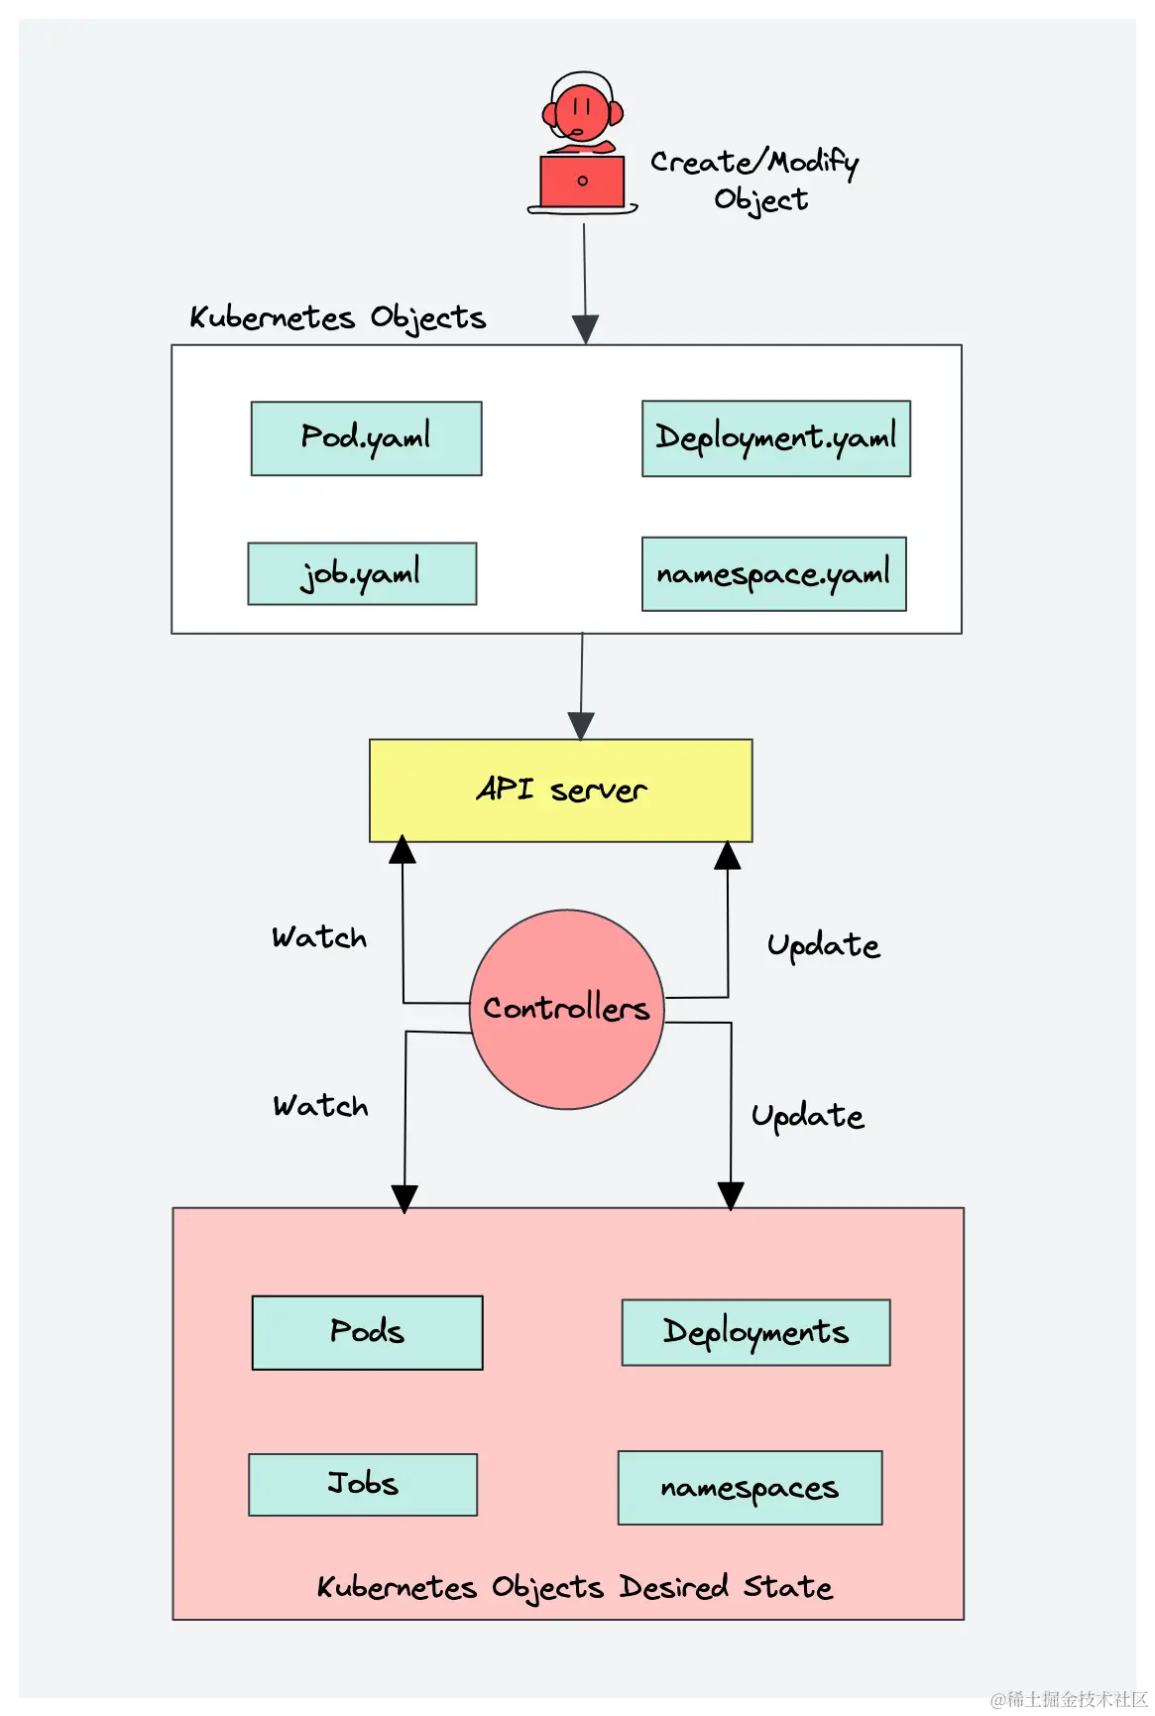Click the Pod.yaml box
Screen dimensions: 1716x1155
pyautogui.click(x=366, y=438)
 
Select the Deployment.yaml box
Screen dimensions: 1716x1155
pyautogui.click(x=775, y=438)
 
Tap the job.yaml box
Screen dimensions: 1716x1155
pyautogui.click(x=362, y=573)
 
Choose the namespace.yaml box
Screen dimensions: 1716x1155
pyautogui.click(x=773, y=574)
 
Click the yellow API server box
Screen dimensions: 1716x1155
pyautogui.click(x=560, y=791)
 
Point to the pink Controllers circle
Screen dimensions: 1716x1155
pyautogui.click(x=566, y=1009)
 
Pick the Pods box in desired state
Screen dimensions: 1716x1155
pyautogui.click(x=367, y=1332)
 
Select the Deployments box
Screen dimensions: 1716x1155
pyautogui.click(x=755, y=1332)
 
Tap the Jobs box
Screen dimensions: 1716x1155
pyautogui.click(x=363, y=1484)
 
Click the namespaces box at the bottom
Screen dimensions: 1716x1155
pyautogui.click(x=750, y=1488)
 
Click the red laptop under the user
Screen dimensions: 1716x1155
pyautogui.click(x=582, y=182)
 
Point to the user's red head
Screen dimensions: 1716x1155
pyautogui.click(x=582, y=111)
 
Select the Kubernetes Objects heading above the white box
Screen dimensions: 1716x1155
pyautogui.click(x=338, y=318)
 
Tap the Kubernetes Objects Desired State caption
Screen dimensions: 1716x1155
pyautogui.click(x=575, y=1587)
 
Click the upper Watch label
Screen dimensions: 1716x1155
pyautogui.click(x=319, y=937)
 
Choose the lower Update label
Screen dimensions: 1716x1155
pyautogui.click(x=807, y=1116)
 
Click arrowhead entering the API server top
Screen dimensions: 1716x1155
pyautogui.click(x=581, y=726)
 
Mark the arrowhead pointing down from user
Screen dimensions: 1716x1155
pyautogui.click(x=585, y=329)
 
